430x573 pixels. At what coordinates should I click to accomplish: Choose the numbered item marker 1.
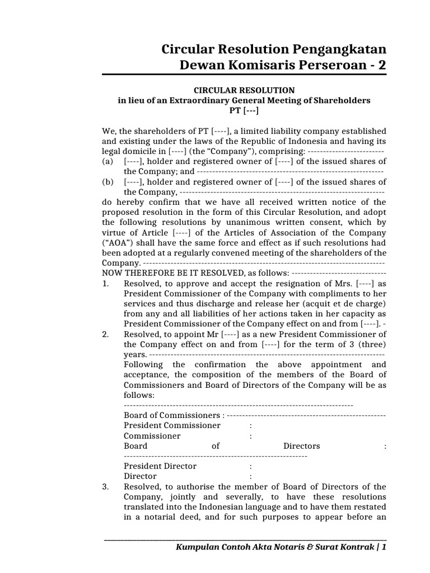pos(106,283)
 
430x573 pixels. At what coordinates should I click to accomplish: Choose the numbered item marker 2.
pos(106,334)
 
